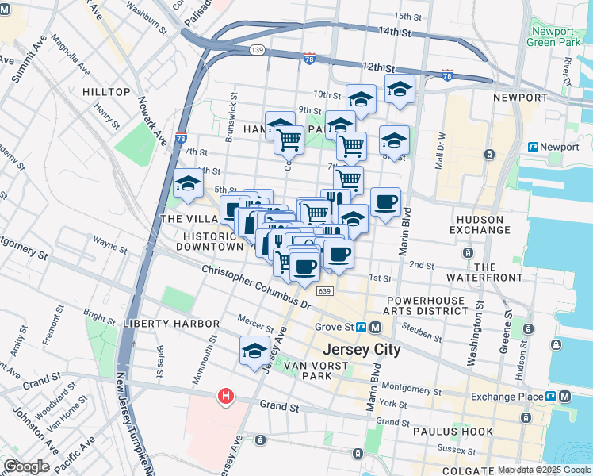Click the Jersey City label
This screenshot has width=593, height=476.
(x=362, y=349)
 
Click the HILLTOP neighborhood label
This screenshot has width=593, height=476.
(x=106, y=92)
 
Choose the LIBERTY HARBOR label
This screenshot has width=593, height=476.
(x=171, y=324)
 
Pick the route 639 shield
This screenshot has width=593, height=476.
(x=323, y=292)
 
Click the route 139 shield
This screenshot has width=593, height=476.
(x=257, y=49)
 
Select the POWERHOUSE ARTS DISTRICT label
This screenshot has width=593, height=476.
(x=427, y=306)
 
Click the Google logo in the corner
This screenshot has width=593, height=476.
(x=26, y=466)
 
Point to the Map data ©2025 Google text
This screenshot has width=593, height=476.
(x=543, y=470)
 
